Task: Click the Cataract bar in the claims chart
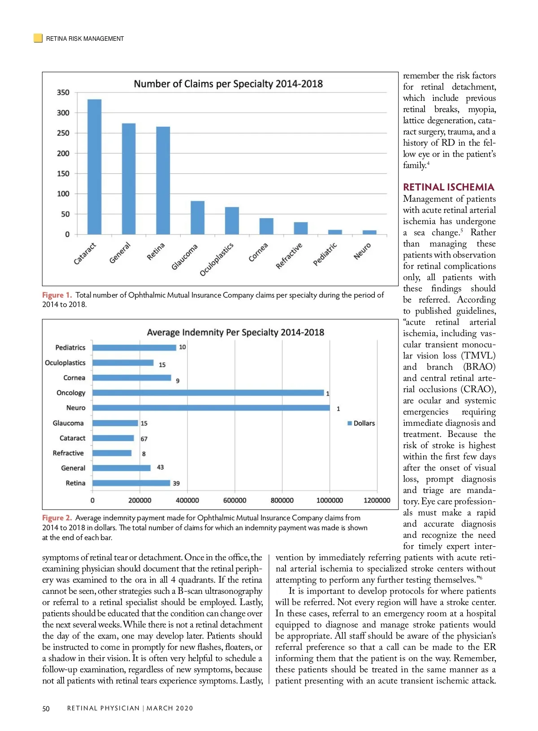click(x=94, y=167)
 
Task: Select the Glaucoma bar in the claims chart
click(x=197, y=218)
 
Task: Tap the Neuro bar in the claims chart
click(x=369, y=232)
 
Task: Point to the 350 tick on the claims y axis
click(x=63, y=92)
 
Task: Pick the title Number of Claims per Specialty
click(x=228, y=84)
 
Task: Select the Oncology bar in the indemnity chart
click(x=208, y=393)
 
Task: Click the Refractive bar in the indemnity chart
click(x=112, y=453)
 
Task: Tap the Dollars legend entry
click(x=361, y=424)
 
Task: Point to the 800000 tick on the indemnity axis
click(x=282, y=500)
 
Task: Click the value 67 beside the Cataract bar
click(x=144, y=439)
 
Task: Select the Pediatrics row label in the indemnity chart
click(x=70, y=348)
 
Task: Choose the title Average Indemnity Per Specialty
click(x=235, y=333)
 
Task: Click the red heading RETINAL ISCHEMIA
click(x=448, y=187)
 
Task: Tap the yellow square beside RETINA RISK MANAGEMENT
click(x=38, y=38)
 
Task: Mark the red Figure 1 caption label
click(x=57, y=295)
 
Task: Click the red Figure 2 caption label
click(x=57, y=518)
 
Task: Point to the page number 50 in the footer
click(x=46, y=709)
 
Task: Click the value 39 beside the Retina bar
click(x=176, y=484)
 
